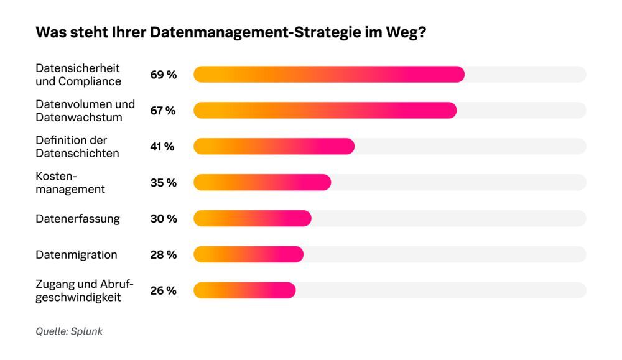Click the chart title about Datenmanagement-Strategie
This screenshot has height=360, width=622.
231,34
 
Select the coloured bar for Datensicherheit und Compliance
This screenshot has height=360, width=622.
329,75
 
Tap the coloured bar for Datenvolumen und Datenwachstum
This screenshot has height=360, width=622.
325,111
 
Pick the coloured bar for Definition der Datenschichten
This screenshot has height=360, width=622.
274,147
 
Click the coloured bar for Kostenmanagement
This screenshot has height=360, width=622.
262,183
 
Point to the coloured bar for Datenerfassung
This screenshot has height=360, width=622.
252,219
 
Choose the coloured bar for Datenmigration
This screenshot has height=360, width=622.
248,255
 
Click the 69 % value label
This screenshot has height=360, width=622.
163,75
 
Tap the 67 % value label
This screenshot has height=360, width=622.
163,111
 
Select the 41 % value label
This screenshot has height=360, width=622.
162,147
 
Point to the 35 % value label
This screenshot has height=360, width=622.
163,183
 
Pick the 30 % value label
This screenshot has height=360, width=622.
164,219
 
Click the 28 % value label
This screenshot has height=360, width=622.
163,255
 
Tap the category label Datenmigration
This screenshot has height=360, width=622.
77,255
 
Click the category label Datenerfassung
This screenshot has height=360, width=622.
78,219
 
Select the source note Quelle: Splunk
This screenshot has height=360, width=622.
69,331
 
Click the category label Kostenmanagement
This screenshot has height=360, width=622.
70,183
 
